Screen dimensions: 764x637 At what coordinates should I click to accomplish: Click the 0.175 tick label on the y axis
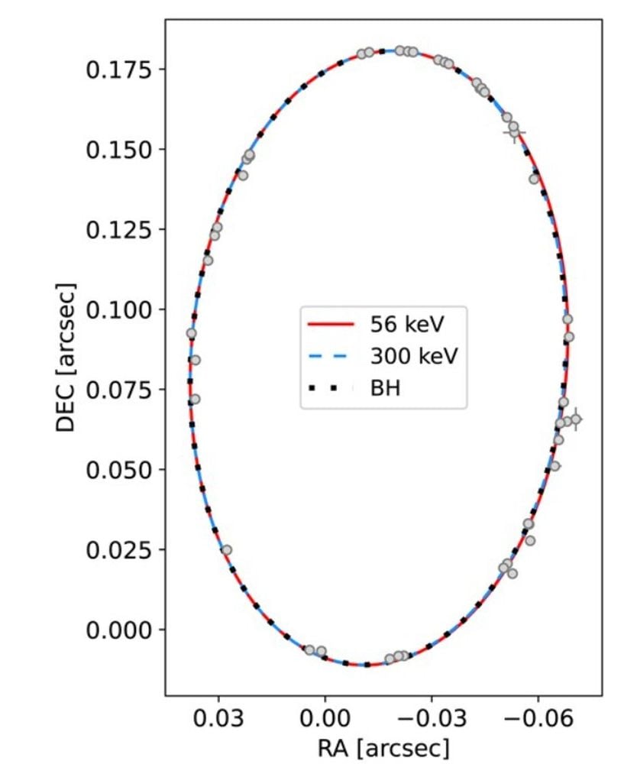click(120, 70)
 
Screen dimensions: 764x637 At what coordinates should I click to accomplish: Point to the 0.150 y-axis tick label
click(120, 149)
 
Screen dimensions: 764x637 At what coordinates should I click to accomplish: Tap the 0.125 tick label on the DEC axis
click(120, 229)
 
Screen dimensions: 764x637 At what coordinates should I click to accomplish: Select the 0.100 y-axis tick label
click(120, 309)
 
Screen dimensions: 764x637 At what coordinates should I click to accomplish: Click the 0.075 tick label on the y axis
click(120, 390)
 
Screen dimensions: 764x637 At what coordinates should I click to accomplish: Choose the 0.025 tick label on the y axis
click(120, 549)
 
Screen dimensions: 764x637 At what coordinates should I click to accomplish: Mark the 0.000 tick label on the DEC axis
click(120, 630)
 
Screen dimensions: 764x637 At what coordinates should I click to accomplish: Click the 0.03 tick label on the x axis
click(218, 719)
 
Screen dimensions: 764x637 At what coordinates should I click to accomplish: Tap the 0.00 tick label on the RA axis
click(325, 719)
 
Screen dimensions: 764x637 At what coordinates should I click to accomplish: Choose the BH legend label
click(386, 388)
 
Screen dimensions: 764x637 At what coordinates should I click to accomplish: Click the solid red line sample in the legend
click(331, 324)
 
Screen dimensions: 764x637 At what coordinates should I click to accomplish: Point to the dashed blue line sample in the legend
click(331, 356)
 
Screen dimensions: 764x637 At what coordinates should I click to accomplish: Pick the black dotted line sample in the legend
click(331, 388)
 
